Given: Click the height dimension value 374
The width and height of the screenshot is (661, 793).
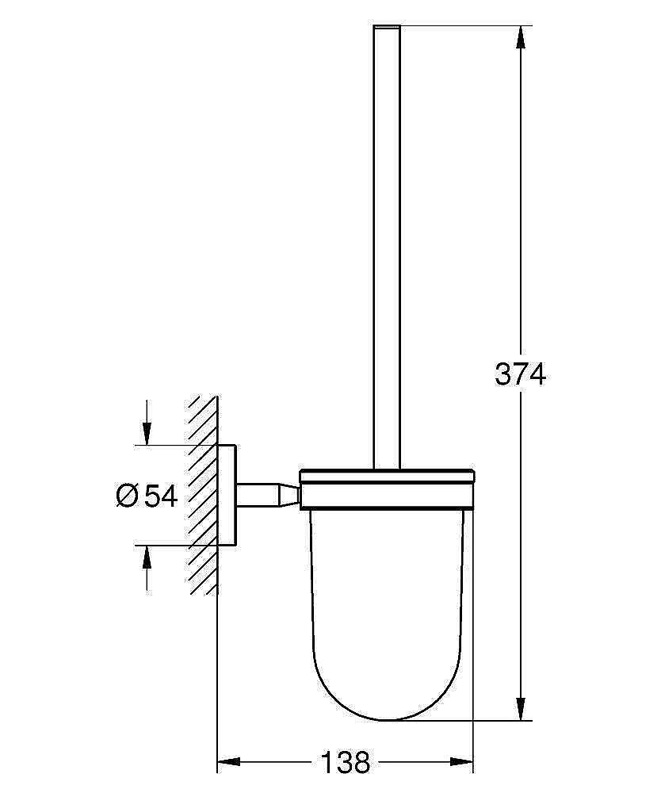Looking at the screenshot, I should (521, 373).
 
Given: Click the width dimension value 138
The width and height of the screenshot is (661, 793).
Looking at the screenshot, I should (346, 763).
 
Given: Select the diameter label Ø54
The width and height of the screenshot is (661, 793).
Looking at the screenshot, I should (147, 496).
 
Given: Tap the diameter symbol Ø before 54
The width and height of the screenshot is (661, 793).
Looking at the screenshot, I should (128, 496).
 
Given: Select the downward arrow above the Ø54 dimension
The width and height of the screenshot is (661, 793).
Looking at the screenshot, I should (147, 433).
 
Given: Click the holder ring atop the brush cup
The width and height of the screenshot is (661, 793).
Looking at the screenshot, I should (387, 488).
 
